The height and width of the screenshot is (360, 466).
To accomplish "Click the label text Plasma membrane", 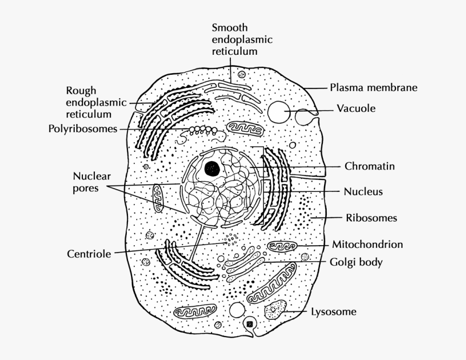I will coord(373,87).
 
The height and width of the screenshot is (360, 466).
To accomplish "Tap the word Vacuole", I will coord(356,108).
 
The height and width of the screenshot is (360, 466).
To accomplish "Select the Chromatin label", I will coord(369,166).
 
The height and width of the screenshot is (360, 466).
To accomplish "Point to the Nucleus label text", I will coord(363,191).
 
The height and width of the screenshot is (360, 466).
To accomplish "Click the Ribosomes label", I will coord(371,218).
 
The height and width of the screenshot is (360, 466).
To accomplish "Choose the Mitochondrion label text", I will coord(367,245).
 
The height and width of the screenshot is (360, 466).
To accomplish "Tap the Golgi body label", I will coord(356,262).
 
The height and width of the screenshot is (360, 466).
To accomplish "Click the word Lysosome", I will coord(333,312).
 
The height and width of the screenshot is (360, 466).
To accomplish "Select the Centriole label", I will coord(89,254).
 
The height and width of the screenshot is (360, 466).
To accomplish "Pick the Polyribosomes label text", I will coord(82,129).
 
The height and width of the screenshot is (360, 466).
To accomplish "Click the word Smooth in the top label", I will coord(229,28).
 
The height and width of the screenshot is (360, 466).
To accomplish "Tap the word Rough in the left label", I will coord(81,90).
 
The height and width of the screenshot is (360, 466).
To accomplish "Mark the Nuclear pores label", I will coord(92,182).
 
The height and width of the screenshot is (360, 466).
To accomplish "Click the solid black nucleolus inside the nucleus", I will coord(212,169).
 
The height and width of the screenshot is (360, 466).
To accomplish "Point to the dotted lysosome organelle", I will coord(275,310).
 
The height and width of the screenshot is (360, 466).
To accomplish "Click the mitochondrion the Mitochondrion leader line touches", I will coord(282,247).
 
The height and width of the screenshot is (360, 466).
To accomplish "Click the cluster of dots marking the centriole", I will coord(231,239).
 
